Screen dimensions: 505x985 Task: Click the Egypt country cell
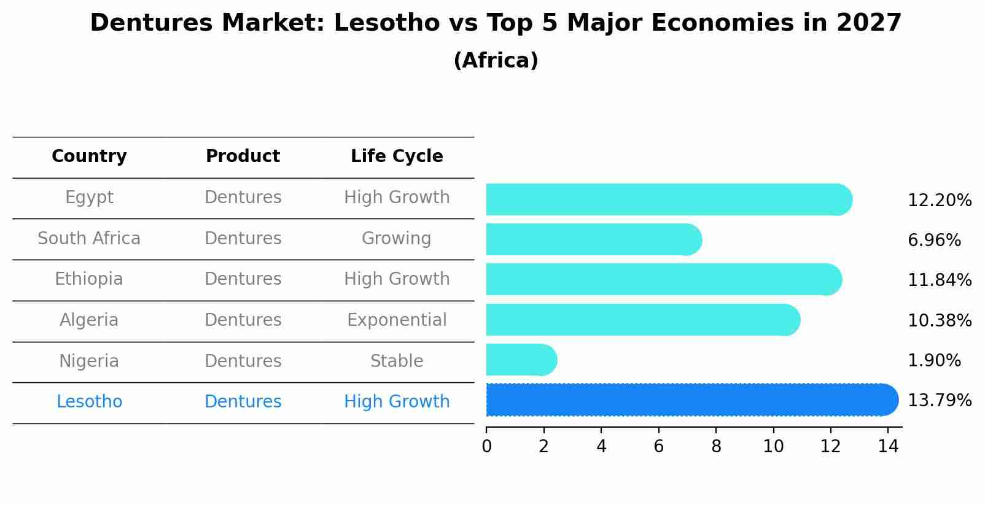(89, 198)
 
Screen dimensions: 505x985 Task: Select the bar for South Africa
(593, 239)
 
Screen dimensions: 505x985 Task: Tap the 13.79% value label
(939, 401)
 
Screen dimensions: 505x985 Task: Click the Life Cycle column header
(397, 156)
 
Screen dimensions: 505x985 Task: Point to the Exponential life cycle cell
(397, 320)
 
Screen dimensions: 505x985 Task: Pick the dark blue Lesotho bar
(691, 399)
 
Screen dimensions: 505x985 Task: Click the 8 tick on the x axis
(716, 447)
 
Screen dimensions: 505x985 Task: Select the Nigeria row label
(89, 361)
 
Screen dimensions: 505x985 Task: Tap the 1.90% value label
(933, 361)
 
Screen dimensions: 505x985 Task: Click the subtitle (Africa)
(496, 61)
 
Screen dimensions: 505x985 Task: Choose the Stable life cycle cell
(397, 361)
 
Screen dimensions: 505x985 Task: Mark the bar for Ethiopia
(663, 279)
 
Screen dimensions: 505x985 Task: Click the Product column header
(243, 156)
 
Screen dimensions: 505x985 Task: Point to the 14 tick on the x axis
(888, 447)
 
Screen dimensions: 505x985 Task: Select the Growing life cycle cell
(397, 239)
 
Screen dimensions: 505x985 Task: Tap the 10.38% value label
(939, 321)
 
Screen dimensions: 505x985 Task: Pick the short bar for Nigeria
(521, 360)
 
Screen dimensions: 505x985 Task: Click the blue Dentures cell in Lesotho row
(243, 402)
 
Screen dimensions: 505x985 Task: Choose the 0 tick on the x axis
(486, 447)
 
